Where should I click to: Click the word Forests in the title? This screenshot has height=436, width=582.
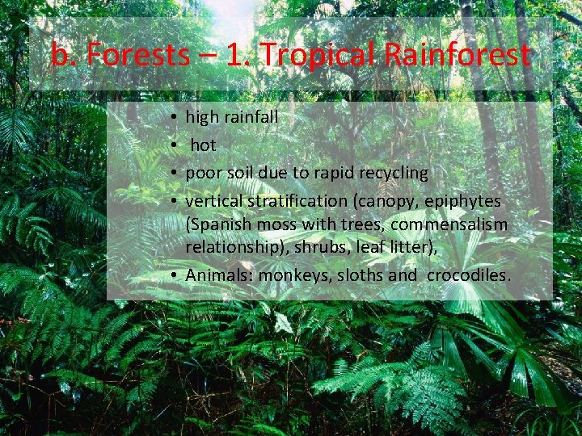point(133,55)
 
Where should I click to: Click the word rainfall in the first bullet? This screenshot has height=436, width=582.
point(251,117)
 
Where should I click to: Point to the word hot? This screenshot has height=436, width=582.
point(203,145)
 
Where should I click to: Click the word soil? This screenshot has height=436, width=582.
point(238,173)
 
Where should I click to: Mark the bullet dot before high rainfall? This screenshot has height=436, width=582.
point(175,118)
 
